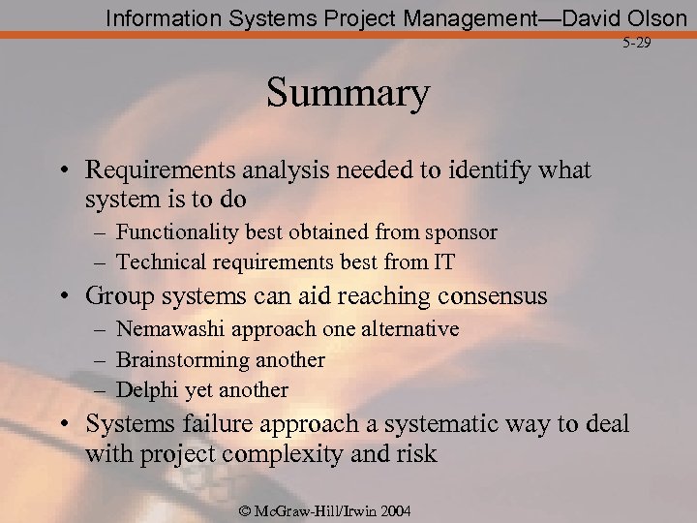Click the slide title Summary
tap(348, 95)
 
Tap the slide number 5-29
tap(638, 45)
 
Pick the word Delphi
tap(144, 390)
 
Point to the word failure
tap(210, 423)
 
